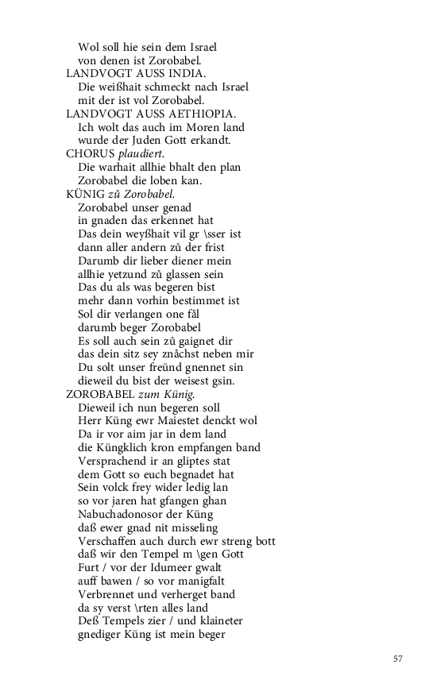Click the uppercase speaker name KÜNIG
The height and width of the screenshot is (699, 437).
[87, 194]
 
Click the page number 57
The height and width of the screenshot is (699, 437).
[398, 658]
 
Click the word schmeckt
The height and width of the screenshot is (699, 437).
[157, 87]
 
